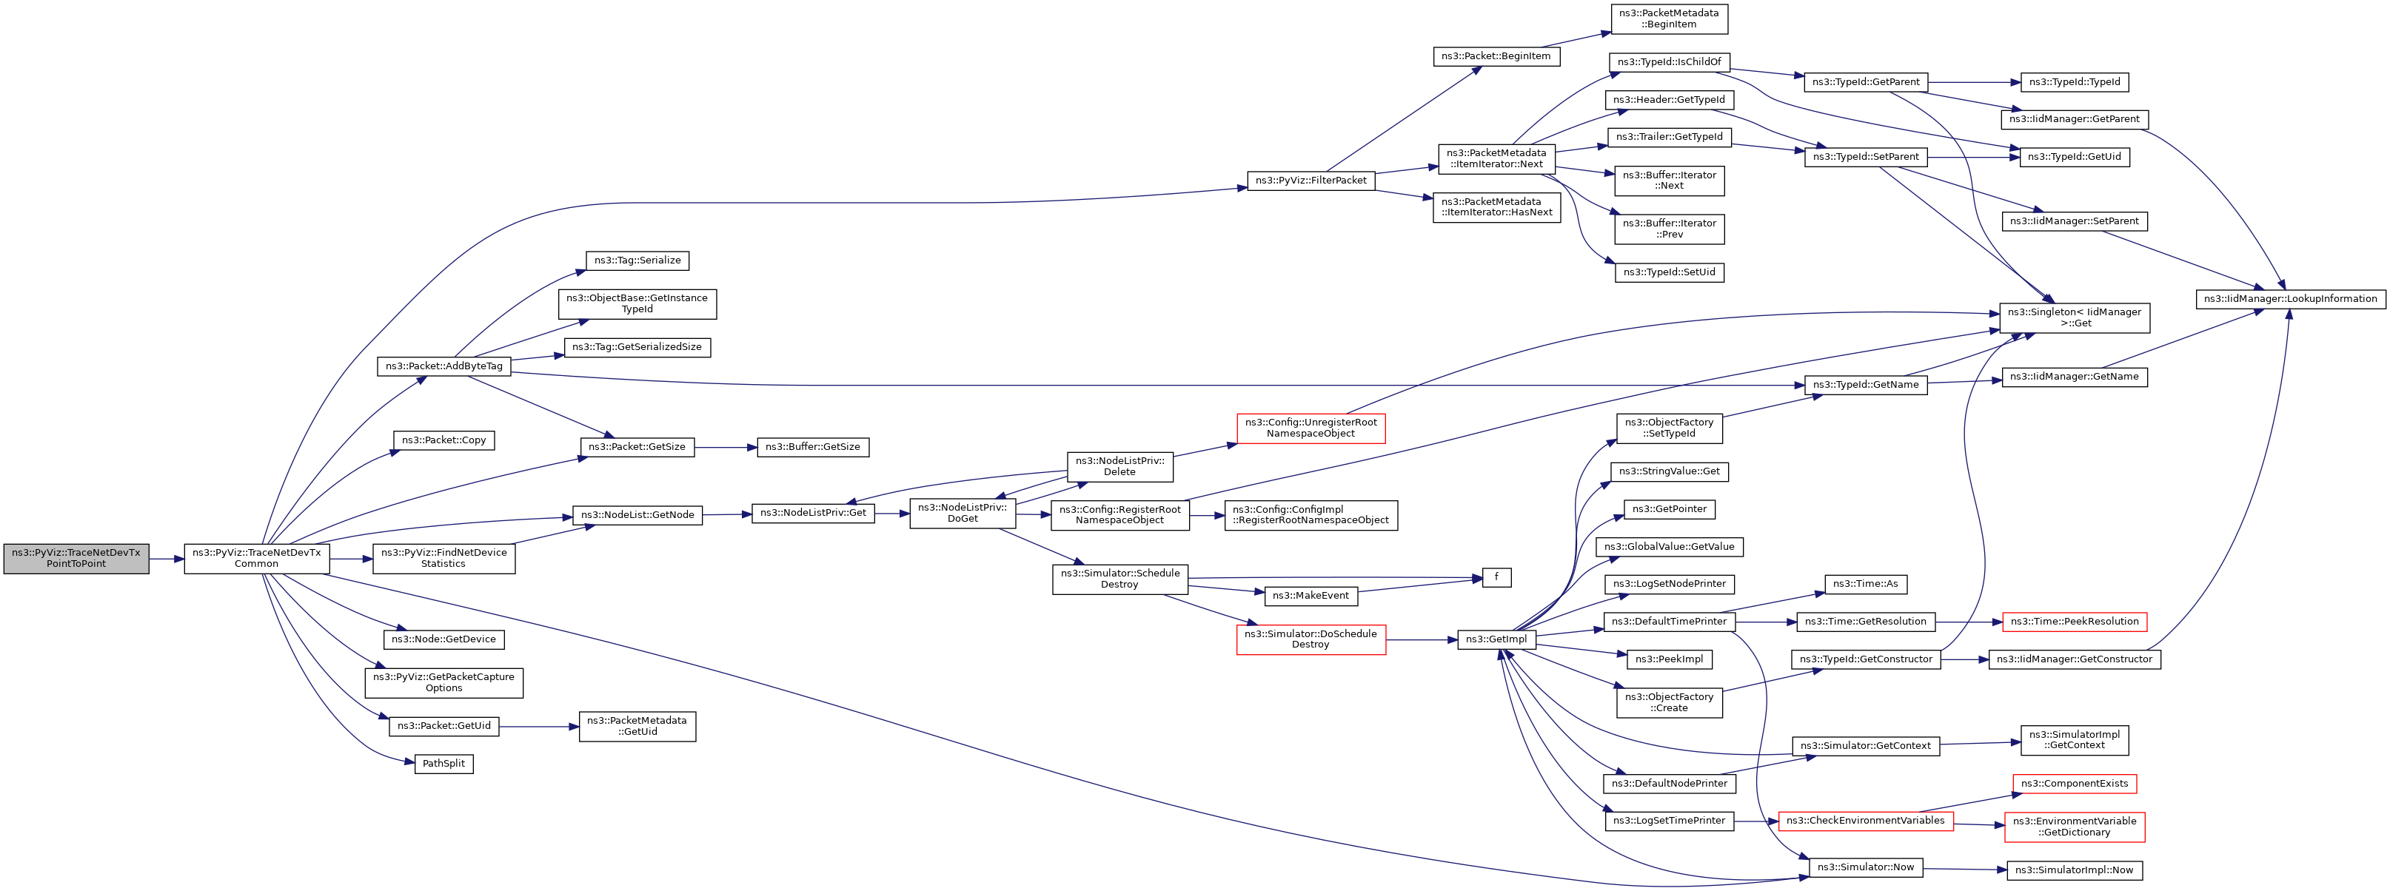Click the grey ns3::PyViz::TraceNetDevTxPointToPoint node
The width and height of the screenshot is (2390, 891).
coord(76,558)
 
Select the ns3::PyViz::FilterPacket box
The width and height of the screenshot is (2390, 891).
coord(1310,180)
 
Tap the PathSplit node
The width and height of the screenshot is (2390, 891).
coord(443,764)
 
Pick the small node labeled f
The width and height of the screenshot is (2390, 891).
coord(1496,578)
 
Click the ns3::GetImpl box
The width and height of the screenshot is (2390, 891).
coord(1496,639)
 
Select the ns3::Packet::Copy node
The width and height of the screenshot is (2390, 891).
coord(443,440)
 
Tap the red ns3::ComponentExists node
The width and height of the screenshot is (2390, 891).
coord(2074,784)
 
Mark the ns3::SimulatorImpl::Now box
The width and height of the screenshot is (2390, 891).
coord(2074,870)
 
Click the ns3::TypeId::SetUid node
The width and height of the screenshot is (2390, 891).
coord(1668,272)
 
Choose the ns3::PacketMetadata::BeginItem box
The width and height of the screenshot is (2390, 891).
coord(1668,19)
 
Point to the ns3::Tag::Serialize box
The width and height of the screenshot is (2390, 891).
coord(637,260)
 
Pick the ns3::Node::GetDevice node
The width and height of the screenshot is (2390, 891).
coord(443,639)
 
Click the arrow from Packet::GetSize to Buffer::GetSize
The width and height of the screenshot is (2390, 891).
coord(726,447)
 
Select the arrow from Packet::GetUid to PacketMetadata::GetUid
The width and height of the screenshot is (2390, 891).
coord(538,726)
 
